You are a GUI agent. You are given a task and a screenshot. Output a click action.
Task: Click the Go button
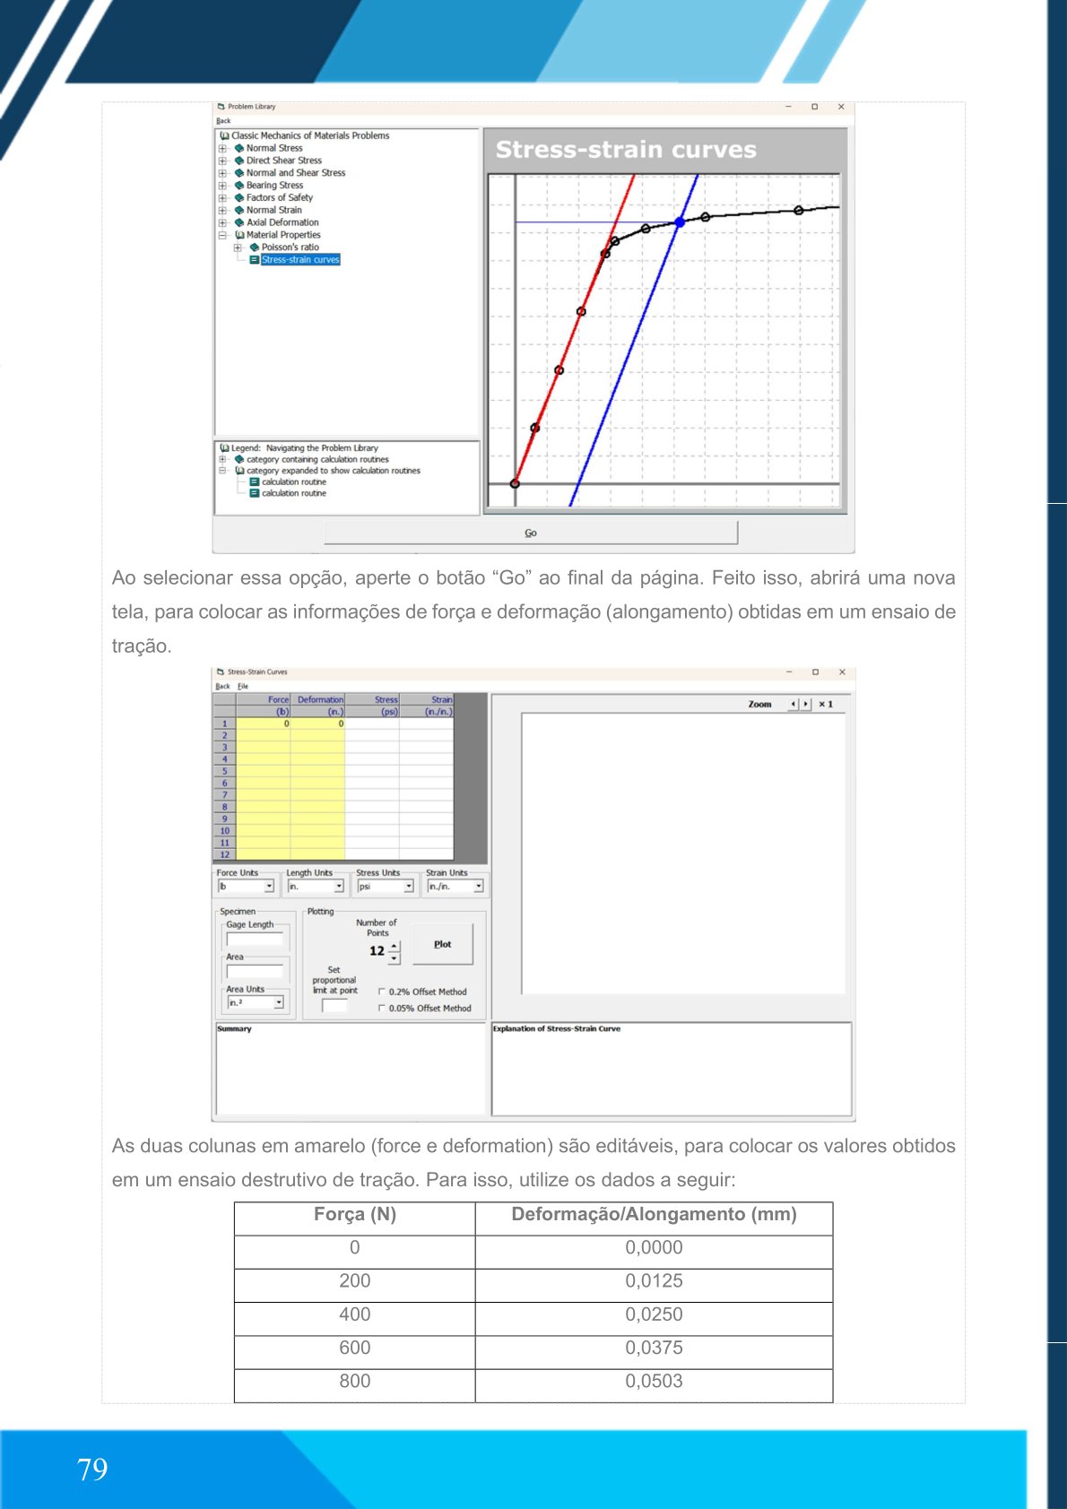coord(531,533)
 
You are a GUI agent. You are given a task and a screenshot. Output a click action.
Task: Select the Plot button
coord(442,944)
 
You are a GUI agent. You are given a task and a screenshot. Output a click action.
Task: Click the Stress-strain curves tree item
coord(300,260)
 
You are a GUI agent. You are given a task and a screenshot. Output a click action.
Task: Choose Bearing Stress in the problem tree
coord(274,186)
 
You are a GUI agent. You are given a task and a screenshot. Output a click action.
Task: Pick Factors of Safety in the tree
coord(280,198)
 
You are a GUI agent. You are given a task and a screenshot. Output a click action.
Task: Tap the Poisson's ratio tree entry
coord(290,247)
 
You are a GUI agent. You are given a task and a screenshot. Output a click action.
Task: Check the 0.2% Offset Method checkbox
coord(383,992)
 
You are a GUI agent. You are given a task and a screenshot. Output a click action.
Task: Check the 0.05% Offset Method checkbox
coord(383,1008)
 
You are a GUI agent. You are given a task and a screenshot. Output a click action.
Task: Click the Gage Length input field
coord(255,940)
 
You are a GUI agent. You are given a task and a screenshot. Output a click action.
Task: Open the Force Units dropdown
coord(268,887)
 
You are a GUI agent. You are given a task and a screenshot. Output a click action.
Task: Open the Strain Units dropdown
coord(478,887)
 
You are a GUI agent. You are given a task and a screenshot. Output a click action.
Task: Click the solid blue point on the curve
coord(680,221)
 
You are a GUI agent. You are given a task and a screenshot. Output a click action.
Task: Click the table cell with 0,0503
coord(654,1382)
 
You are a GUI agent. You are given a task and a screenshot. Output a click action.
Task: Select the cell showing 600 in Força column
coord(355,1348)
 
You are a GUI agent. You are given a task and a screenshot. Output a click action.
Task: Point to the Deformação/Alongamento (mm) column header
coord(654,1215)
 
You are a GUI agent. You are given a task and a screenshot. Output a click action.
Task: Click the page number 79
coord(92,1470)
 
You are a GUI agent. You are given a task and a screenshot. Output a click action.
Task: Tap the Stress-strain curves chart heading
coord(626,150)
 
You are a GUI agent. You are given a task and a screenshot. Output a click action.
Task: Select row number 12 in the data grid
coord(224,854)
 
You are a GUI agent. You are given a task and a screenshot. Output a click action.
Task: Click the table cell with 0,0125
coord(654,1281)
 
